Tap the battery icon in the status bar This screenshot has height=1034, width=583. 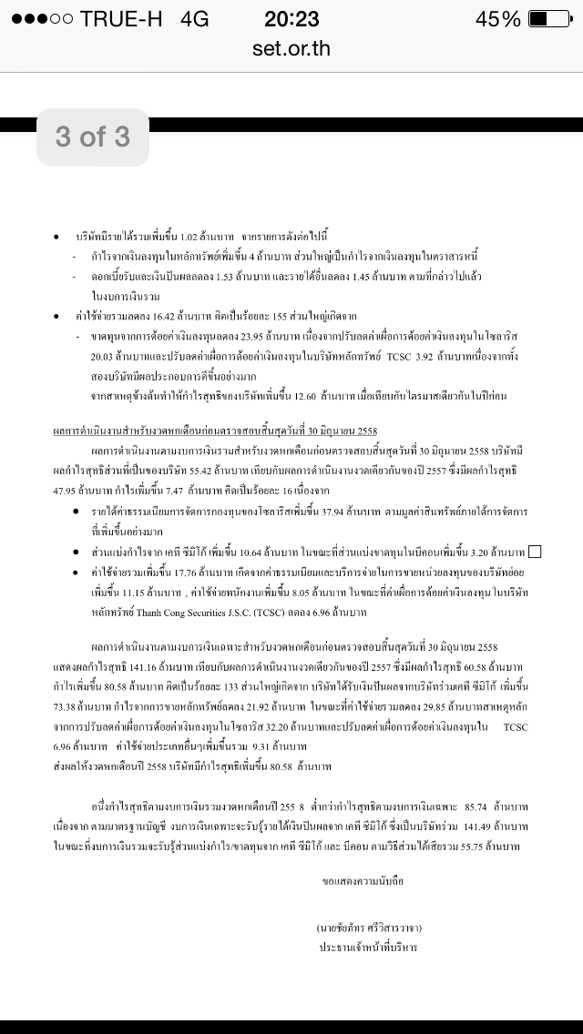pos(550,19)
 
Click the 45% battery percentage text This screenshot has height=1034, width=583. pos(498,19)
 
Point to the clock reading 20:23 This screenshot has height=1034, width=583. pos(291,19)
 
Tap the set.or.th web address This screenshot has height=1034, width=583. pos(291,47)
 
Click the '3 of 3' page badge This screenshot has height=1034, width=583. pos(93,137)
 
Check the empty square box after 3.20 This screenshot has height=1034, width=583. pos(535,552)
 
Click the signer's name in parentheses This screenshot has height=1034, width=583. pos(369,928)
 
